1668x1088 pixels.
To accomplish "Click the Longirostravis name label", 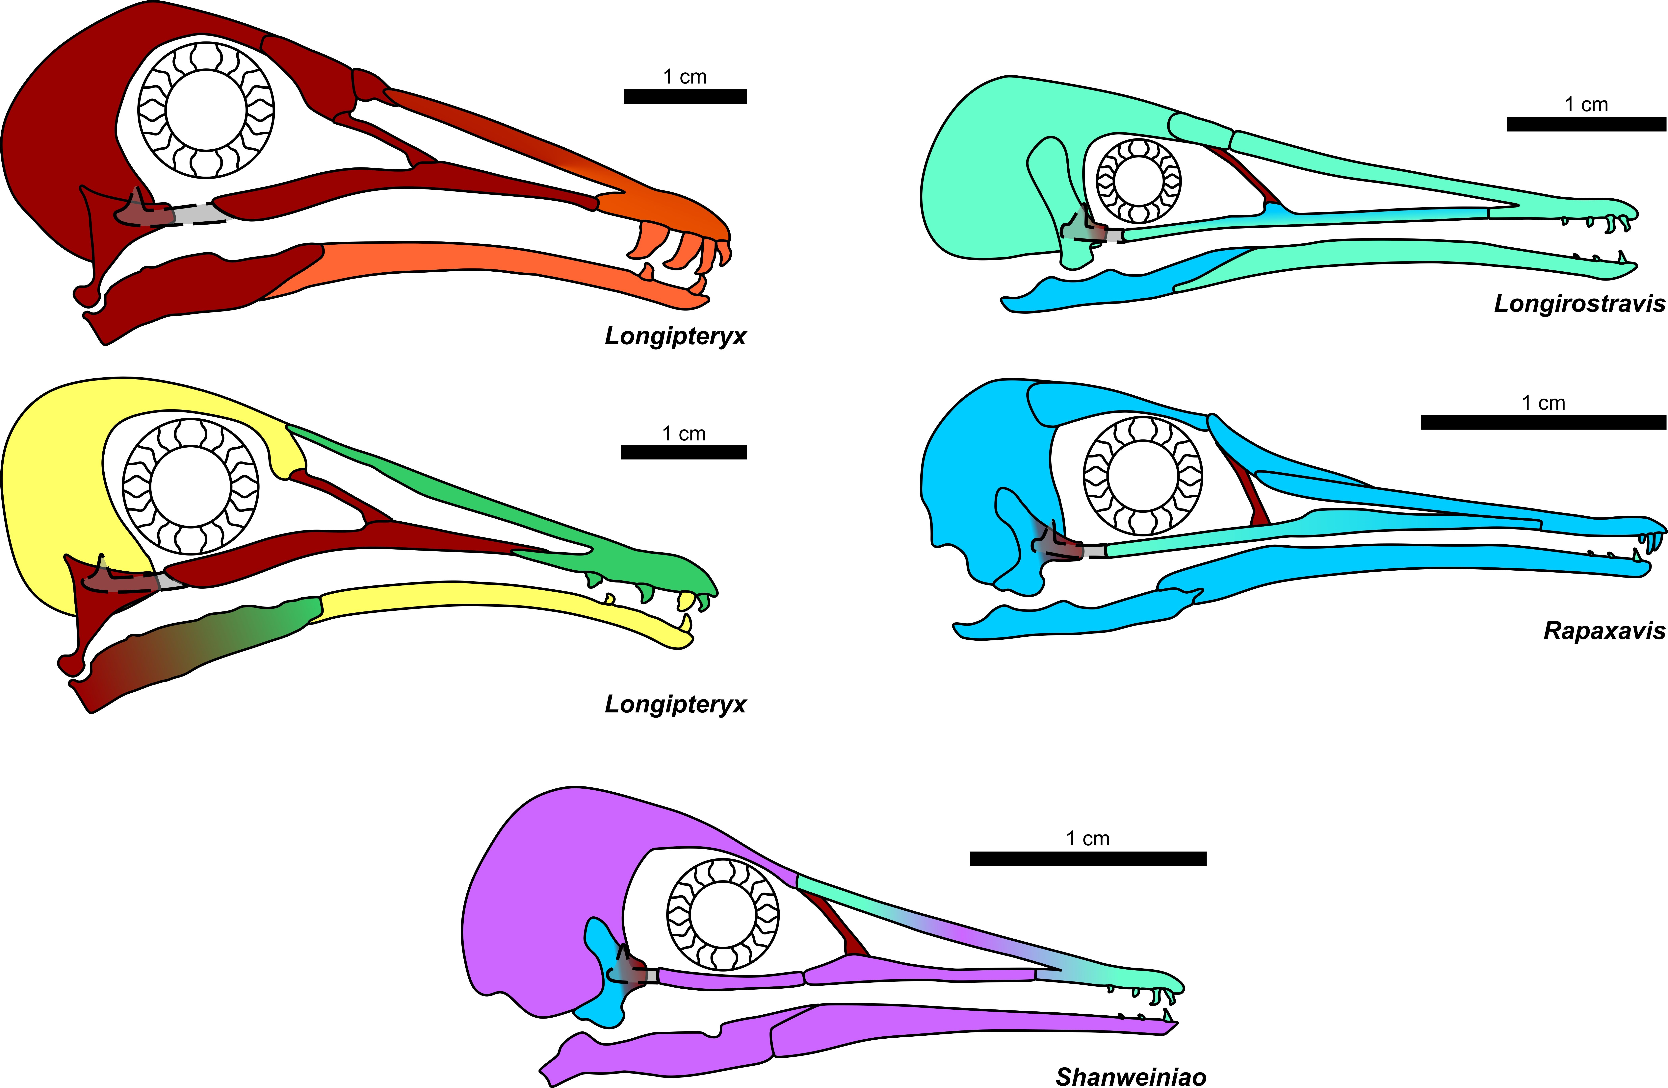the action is tap(1580, 303).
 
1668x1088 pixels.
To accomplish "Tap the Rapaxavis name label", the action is tap(1604, 631).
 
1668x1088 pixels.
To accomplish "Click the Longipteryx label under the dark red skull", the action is tap(676, 336).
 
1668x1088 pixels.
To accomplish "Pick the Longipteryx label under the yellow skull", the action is tap(676, 704).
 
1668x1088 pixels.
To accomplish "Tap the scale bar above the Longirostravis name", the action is tap(1586, 124).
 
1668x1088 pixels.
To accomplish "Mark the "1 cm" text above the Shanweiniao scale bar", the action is tap(1088, 839).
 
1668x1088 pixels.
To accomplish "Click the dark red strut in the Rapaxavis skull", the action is tap(1251, 490).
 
